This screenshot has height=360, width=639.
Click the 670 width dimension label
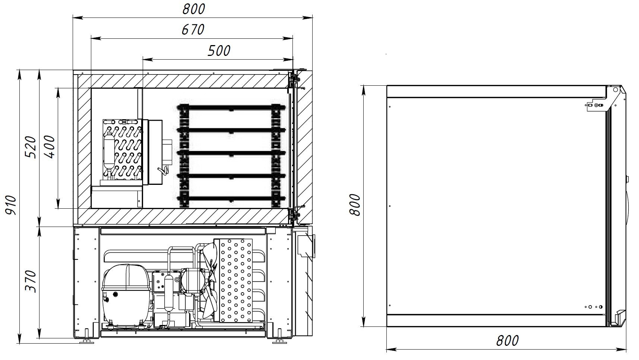coord(193,30)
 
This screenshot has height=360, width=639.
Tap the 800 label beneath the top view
coord(507,341)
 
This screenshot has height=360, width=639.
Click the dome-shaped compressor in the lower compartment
coord(127,294)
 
